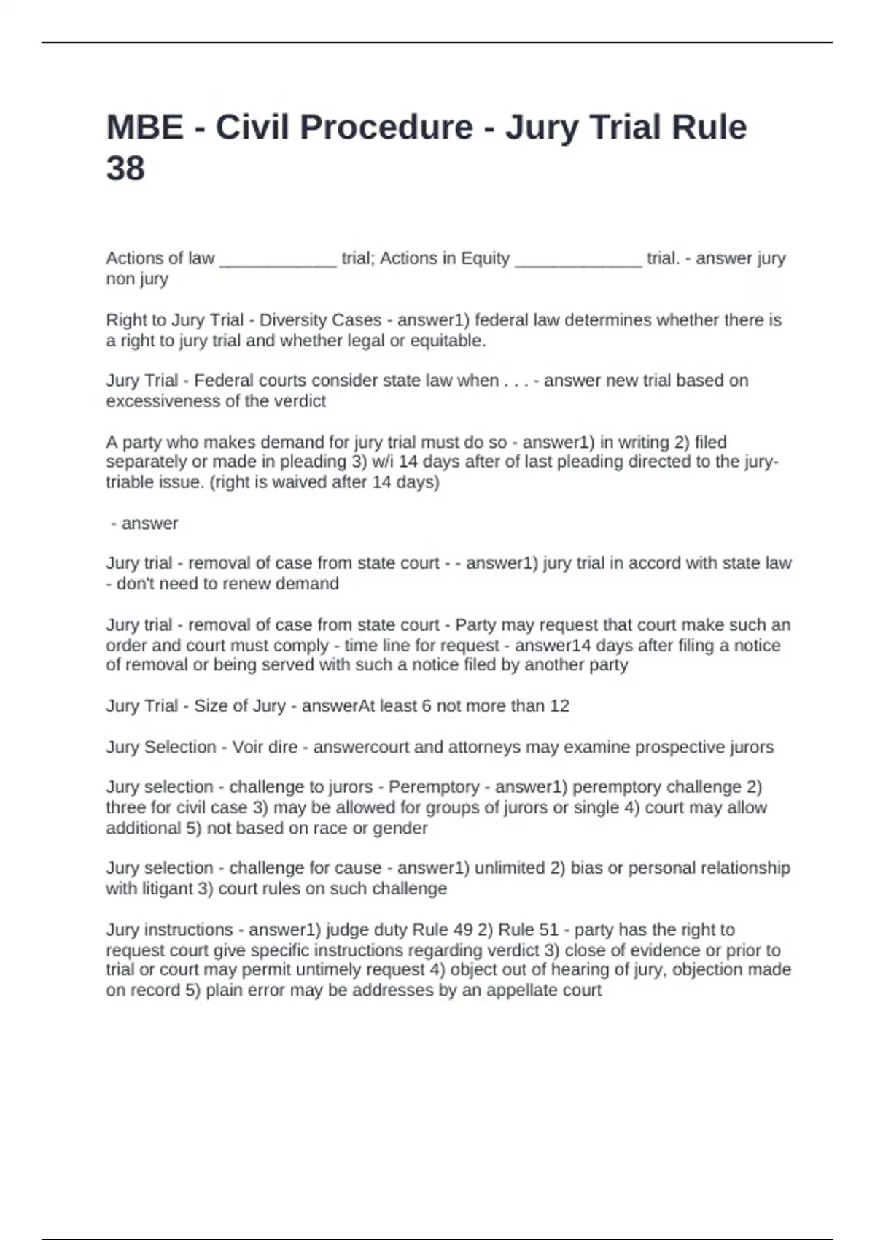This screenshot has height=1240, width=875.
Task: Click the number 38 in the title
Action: point(125,168)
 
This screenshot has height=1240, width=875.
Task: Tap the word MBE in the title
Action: point(144,127)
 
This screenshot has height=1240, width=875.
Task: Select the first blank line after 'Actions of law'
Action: point(278,260)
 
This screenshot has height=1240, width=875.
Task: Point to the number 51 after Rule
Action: point(548,930)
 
